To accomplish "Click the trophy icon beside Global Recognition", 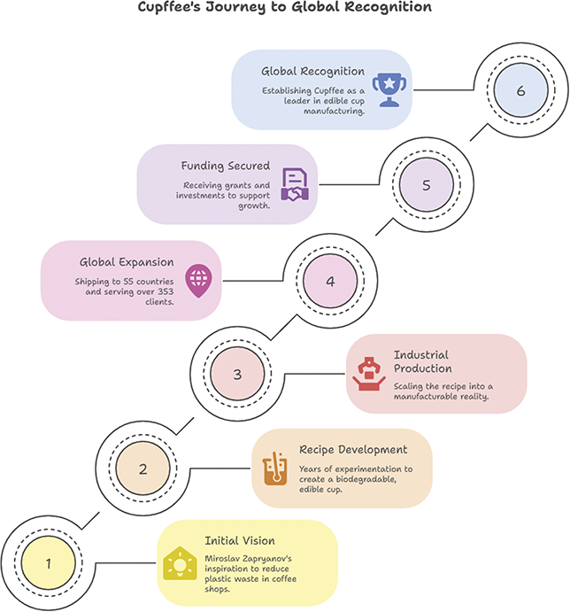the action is coord(389,89).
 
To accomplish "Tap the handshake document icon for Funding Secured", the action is coord(295,184).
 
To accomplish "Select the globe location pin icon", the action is coord(199,281).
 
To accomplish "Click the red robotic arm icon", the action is coord(369,374).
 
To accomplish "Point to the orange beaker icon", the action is coord(275,469).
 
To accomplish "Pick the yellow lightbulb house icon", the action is coord(180,563).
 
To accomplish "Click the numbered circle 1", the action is coord(49,563).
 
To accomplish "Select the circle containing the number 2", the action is coord(142,469).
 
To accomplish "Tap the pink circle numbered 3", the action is coord(237,374).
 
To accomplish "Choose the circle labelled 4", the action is coord(330,281).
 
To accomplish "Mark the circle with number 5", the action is coord(427,184).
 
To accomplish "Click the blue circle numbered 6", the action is coord(520,90).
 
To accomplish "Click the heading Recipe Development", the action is coord(353,450).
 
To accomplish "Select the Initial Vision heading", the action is coord(240,540).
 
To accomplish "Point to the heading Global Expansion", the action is coord(127,262).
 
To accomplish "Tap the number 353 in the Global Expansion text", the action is coord(166,291).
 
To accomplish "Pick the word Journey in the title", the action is coord(236,7).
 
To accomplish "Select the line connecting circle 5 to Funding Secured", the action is coord(349,184).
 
